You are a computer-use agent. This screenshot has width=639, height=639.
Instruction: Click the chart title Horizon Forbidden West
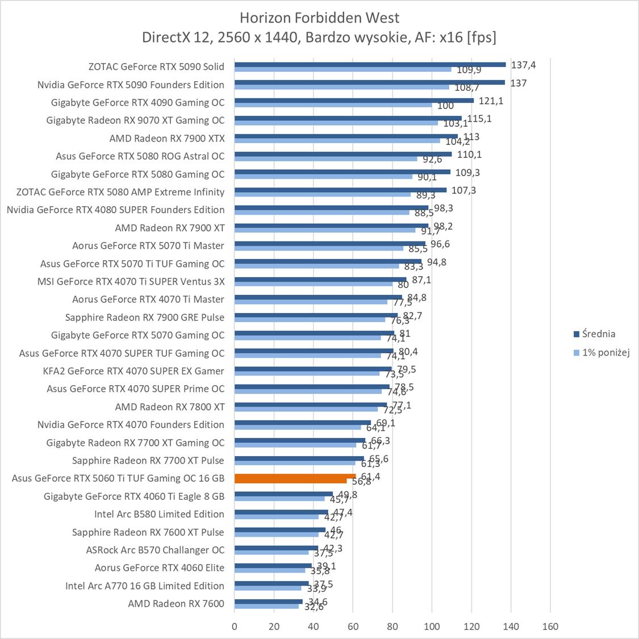[x=319, y=17]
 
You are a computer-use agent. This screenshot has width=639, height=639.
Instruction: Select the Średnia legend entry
[x=599, y=334]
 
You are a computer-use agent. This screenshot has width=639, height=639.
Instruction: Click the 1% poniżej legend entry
[x=605, y=352]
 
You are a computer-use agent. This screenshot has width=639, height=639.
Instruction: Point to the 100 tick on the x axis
[x=432, y=627]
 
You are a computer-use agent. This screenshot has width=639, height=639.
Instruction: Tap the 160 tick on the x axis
[x=550, y=627]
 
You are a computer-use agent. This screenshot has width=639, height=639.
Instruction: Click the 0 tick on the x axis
[x=235, y=627]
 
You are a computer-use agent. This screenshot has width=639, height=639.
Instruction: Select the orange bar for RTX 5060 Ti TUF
[x=295, y=476]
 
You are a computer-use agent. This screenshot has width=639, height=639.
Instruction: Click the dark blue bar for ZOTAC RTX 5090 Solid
[x=370, y=64]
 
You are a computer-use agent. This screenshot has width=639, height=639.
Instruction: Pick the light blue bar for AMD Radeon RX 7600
[x=266, y=606]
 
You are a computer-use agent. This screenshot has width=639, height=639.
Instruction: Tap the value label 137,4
[x=523, y=65]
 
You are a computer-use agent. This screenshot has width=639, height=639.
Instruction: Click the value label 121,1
[x=491, y=101]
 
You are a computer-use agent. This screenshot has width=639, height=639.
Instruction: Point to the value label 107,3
[x=464, y=190]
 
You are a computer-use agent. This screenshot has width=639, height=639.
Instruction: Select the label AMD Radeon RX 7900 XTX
[x=167, y=138]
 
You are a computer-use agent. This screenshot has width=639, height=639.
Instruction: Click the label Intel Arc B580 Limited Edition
[x=159, y=514]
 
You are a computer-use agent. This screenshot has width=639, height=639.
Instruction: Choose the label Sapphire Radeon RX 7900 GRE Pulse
[x=145, y=317]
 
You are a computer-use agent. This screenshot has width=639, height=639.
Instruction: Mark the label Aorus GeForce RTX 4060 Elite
[x=160, y=567]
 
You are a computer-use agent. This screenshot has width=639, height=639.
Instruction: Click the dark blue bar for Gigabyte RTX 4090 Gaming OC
[x=354, y=101]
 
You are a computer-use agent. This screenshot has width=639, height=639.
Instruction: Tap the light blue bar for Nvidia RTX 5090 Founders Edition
[x=341, y=87]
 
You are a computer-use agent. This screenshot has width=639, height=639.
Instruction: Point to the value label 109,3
[x=467, y=172]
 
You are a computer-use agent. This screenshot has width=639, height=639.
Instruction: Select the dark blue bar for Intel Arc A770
[x=272, y=583]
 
